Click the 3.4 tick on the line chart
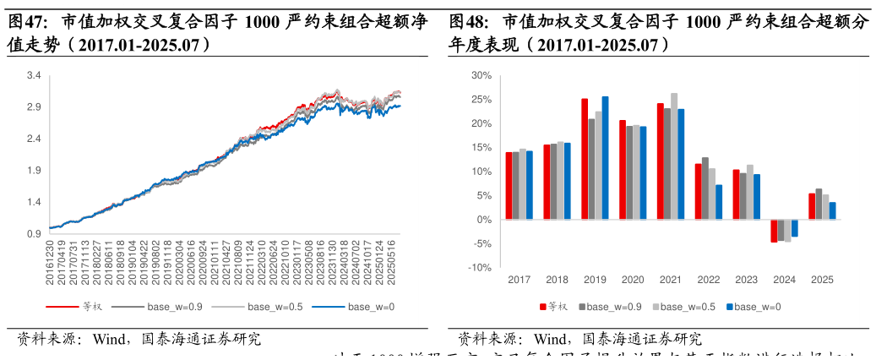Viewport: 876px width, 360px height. tap(34, 76)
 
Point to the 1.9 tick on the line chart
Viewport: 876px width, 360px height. tap(34, 171)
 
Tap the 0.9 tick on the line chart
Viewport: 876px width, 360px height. tap(34, 234)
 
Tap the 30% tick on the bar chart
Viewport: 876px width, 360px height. tap(481, 76)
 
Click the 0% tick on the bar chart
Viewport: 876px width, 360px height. tap(483, 220)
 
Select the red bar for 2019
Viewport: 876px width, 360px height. tap(585, 159)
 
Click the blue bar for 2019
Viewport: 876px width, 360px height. tap(605, 158)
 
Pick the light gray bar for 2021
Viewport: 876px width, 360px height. tap(674, 156)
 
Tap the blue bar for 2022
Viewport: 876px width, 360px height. tap(719, 202)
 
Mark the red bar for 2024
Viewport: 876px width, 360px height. tap(774, 231)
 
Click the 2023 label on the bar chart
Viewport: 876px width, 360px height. tap(746, 280)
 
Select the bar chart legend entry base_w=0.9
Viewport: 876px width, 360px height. tap(614, 306)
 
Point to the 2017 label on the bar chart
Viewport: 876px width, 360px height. tap(519, 280)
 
